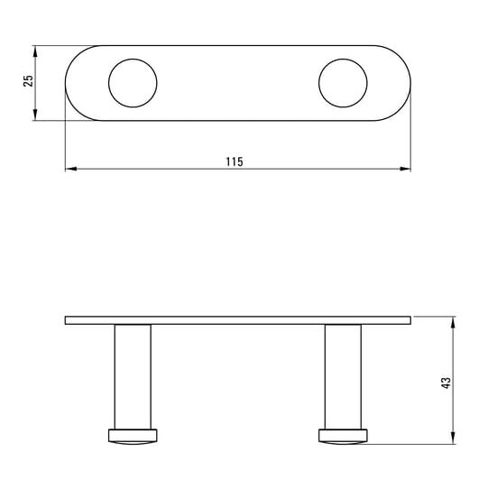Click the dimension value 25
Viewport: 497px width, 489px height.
pyautogui.click(x=28, y=80)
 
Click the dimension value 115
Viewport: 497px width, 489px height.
pyautogui.click(x=235, y=161)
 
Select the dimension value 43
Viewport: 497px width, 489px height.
pyautogui.click(x=446, y=383)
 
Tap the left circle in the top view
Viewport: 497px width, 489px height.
pyautogui.click(x=109, y=83)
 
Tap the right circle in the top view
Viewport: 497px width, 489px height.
pyautogui.click(x=319, y=83)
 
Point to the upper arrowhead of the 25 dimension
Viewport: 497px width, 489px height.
pyautogui.click(x=35, y=51)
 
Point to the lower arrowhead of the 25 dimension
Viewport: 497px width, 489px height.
pyautogui.click(x=35, y=115)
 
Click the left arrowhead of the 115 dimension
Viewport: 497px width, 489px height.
pyautogui.click(x=71, y=169)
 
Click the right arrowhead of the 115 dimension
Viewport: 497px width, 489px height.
pyautogui.click(x=405, y=169)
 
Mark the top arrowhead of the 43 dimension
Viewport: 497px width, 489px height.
pyautogui.click(x=453, y=322)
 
